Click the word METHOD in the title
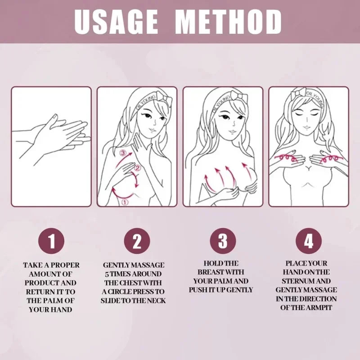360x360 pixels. point(229,21)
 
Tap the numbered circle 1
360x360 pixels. point(51,242)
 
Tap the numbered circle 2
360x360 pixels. point(137,242)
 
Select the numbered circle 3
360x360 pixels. point(223,242)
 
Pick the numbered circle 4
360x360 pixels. point(308,242)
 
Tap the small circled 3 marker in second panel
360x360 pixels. point(122,154)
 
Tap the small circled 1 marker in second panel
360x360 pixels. point(125,202)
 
